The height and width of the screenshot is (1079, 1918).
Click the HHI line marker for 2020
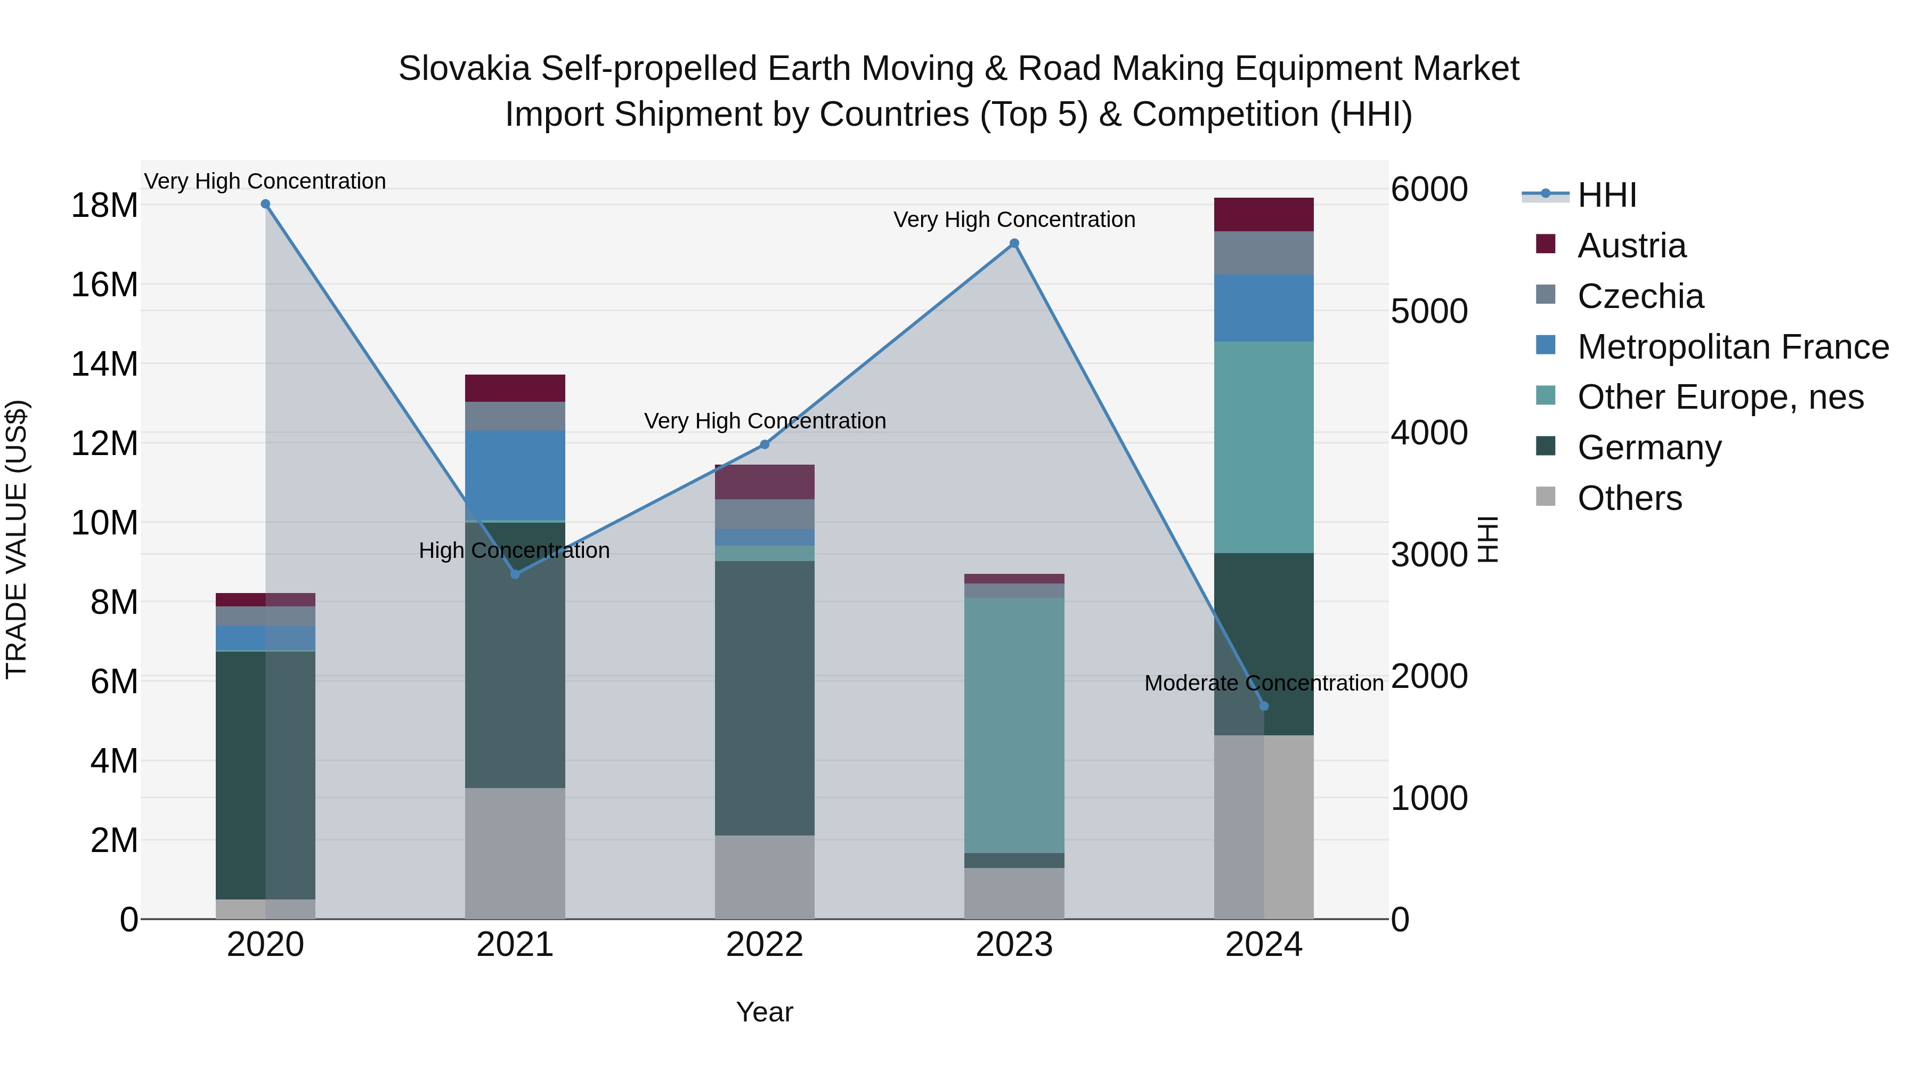265,204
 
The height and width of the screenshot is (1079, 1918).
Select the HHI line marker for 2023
1014,244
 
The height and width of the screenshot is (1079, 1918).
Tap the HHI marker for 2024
1264,706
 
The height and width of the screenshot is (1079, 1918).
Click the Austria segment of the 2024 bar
1264,214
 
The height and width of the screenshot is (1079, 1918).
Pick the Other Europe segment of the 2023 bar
1014,725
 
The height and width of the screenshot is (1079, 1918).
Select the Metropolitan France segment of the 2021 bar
515,475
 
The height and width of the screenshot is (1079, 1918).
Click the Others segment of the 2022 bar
765,877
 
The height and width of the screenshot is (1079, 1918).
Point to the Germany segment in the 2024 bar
1288,644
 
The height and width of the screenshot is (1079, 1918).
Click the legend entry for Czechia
1639,296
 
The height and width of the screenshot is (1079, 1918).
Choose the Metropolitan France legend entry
1732,347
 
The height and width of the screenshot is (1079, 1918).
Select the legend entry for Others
1629,498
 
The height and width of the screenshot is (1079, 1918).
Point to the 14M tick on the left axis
104,364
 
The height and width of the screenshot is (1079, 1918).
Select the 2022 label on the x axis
765,945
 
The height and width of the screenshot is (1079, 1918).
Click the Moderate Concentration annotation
1264,683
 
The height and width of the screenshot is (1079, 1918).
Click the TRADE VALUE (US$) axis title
17,539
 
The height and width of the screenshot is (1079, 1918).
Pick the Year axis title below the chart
765,1012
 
